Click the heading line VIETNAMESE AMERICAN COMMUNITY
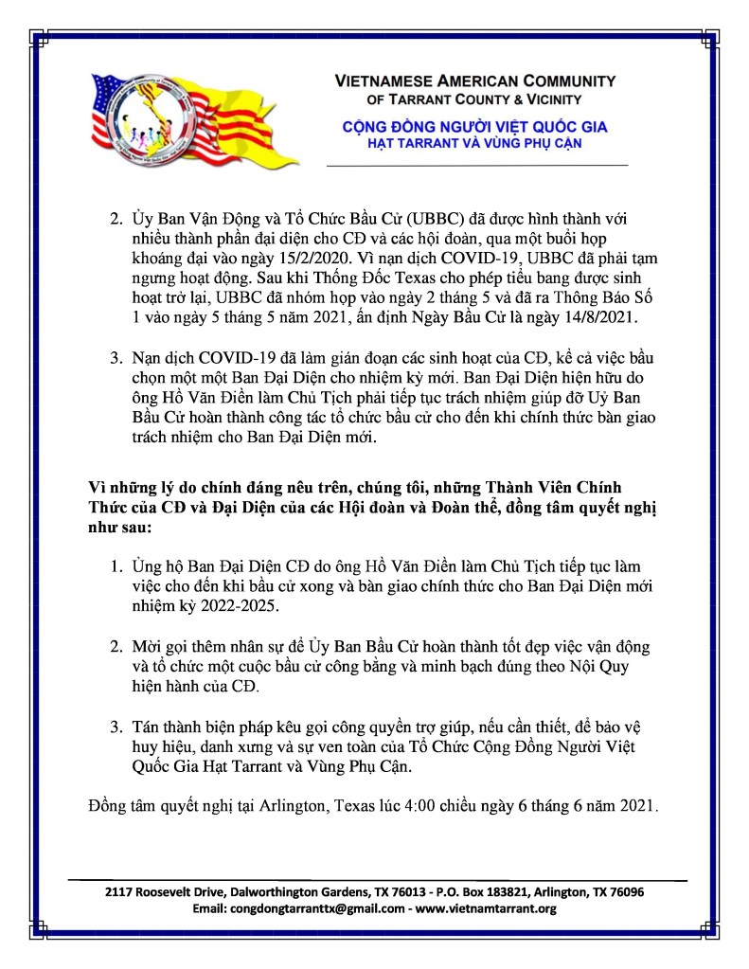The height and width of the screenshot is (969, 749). click(475, 81)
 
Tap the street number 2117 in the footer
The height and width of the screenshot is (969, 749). click(119, 892)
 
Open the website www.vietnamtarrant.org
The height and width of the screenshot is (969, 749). click(486, 908)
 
